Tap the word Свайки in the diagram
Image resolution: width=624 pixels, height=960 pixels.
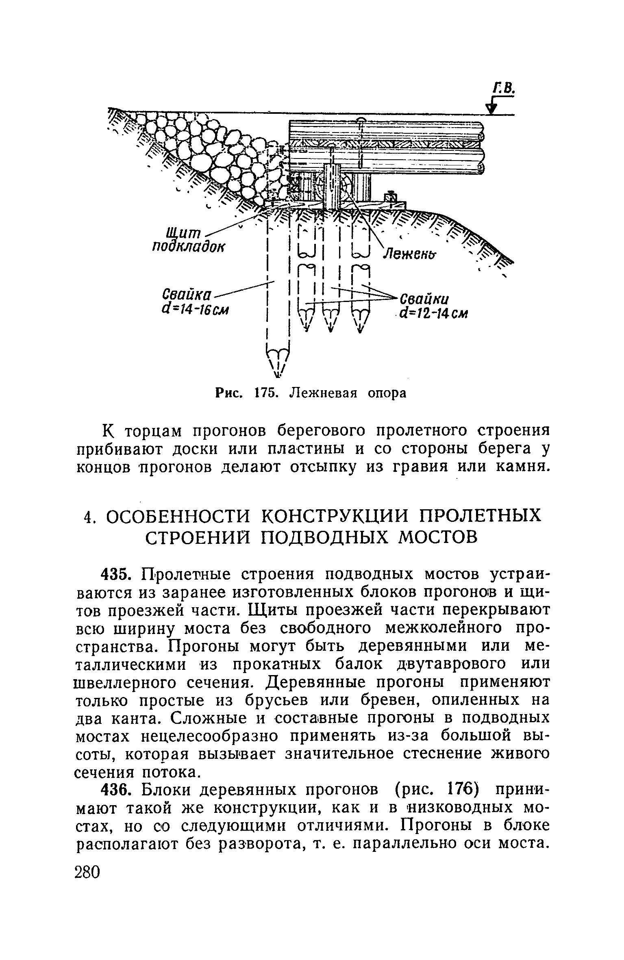[424, 299]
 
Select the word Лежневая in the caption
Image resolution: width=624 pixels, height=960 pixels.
[322, 393]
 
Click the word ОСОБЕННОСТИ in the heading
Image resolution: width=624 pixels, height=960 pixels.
[178, 517]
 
